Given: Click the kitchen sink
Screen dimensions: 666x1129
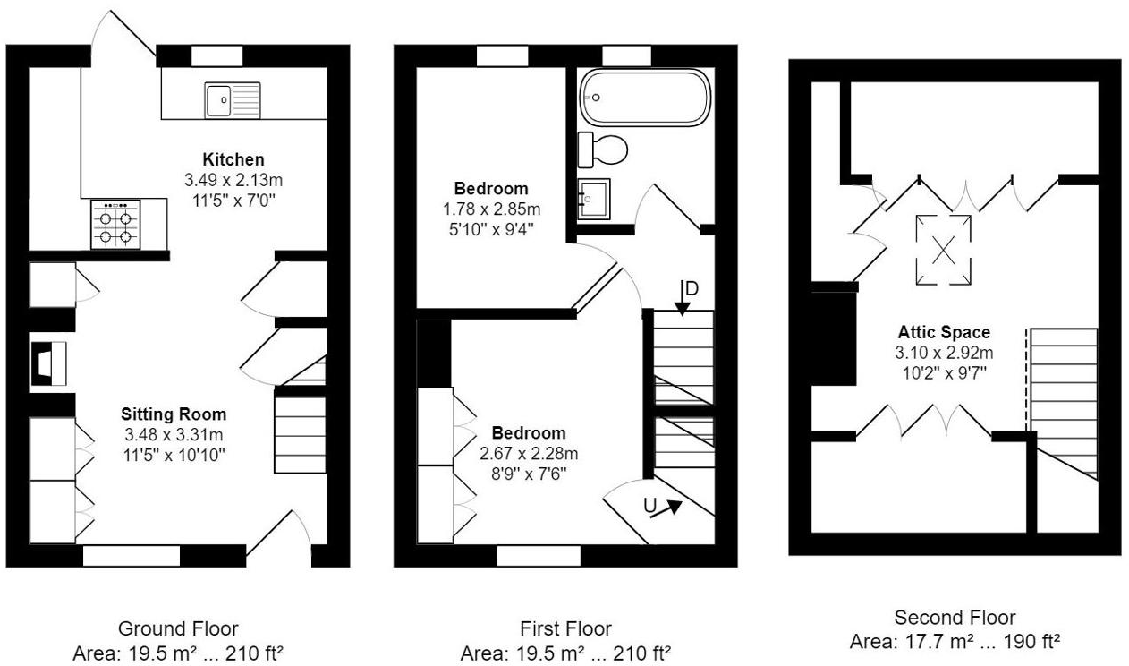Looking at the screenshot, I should [232, 99].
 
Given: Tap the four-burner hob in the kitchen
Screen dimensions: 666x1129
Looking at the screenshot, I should [115, 225].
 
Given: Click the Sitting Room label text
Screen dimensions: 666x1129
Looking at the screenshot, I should [174, 414].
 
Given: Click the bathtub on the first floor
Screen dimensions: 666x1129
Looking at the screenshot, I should [644, 98].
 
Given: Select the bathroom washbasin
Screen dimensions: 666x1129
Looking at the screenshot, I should [593, 199].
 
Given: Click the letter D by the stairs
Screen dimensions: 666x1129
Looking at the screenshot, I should [691, 288].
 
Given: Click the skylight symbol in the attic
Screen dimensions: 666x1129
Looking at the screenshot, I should [943, 251].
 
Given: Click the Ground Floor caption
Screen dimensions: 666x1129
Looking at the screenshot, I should [178, 628].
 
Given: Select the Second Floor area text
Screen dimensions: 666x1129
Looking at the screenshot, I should [955, 642].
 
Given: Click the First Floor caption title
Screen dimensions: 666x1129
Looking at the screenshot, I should [565, 628].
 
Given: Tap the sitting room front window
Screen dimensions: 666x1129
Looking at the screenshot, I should [132, 556].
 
